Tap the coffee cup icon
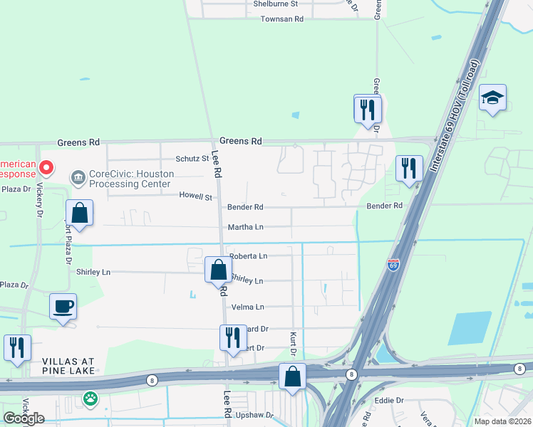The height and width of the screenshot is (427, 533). [x=63, y=307]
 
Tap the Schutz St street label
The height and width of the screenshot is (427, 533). [x=193, y=159]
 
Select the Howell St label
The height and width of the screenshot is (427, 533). [x=196, y=196]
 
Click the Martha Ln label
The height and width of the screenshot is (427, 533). [x=245, y=227]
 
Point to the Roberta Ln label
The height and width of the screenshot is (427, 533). [x=247, y=255]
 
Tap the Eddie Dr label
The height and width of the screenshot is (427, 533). [x=390, y=401]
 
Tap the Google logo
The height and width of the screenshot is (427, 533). [x=24, y=418]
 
